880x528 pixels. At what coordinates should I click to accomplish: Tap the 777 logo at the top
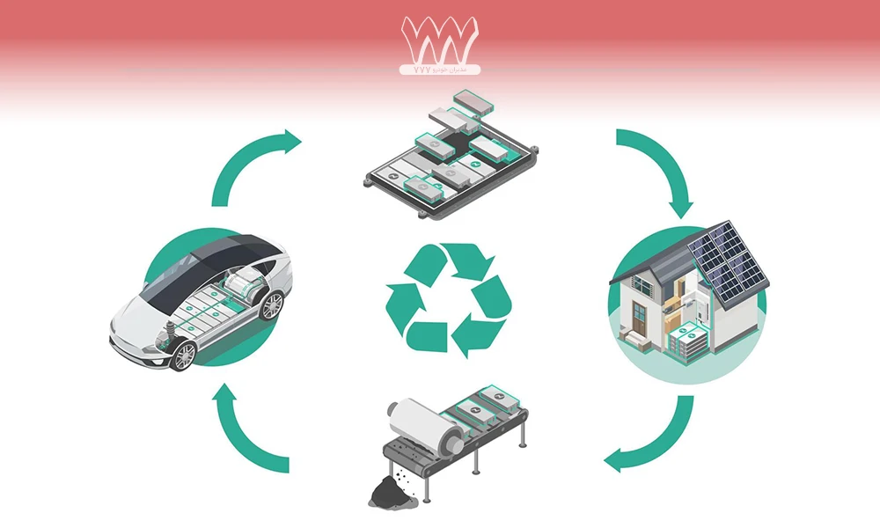click(x=439, y=40)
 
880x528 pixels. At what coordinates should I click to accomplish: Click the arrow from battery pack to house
click(x=656, y=167)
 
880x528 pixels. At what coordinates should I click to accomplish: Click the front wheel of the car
click(x=184, y=356)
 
